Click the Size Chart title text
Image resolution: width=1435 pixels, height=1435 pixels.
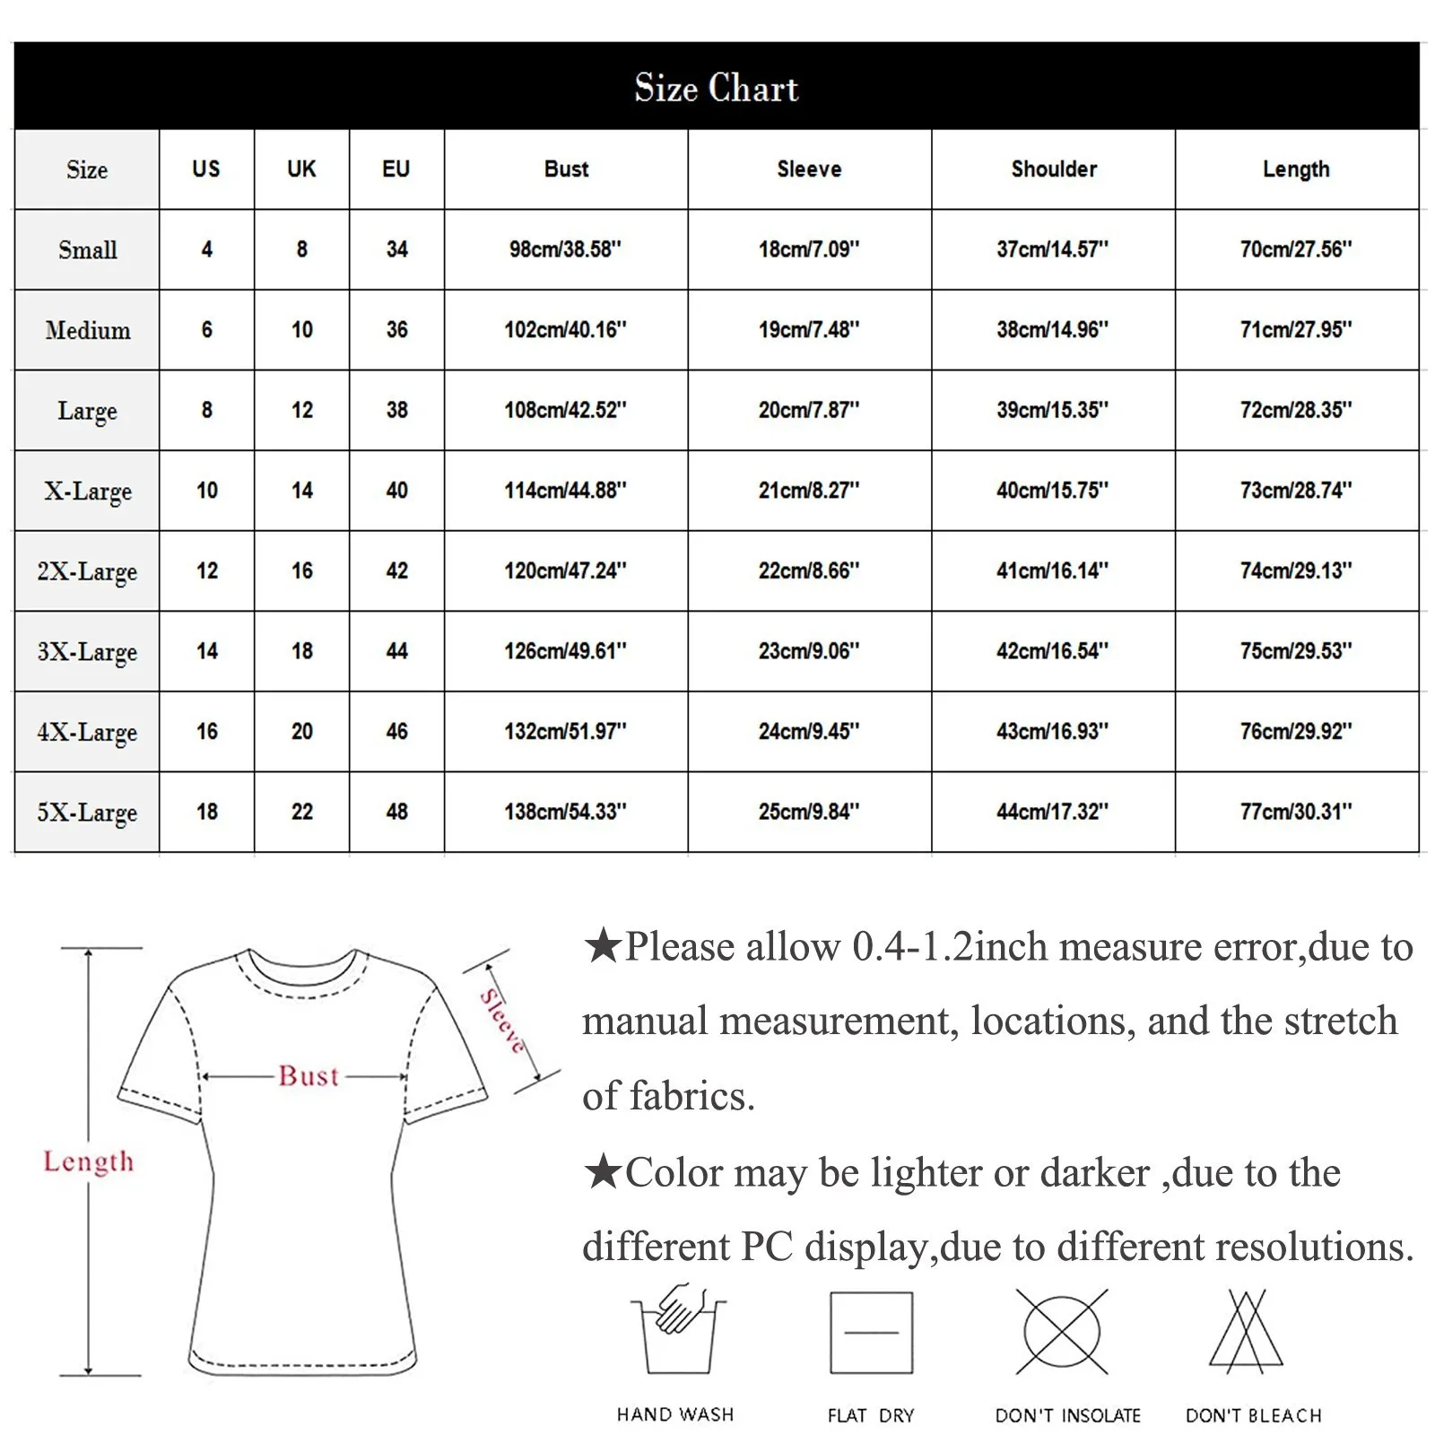[716, 88]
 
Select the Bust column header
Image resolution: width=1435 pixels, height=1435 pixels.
[566, 169]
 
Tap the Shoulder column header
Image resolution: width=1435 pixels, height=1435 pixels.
[1054, 169]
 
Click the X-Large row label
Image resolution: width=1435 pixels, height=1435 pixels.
[88, 491]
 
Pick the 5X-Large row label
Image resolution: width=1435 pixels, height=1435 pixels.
[87, 812]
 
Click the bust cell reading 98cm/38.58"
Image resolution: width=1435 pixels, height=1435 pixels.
[565, 249]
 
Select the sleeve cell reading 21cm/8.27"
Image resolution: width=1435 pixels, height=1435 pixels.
[809, 491]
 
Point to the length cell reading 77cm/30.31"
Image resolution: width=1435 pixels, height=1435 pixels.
[1296, 812]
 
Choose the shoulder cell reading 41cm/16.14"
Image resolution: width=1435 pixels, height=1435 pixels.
[1052, 570]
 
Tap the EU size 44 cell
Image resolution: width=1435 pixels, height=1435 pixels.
[396, 651]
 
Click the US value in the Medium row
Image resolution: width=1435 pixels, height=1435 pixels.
[206, 330]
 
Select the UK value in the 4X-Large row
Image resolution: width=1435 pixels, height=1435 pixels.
[301, 732]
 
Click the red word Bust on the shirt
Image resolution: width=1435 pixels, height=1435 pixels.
[309, 1075]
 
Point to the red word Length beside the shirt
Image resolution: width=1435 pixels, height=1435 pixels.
[88, 1161]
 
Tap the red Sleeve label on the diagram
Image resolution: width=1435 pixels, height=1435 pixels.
[503, 1020]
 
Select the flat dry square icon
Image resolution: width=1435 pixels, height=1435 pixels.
[871, 1333]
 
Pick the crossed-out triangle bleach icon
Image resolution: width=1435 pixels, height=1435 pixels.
[1248, 1333]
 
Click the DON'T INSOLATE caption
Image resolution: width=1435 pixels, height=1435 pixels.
[1067, 1415]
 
